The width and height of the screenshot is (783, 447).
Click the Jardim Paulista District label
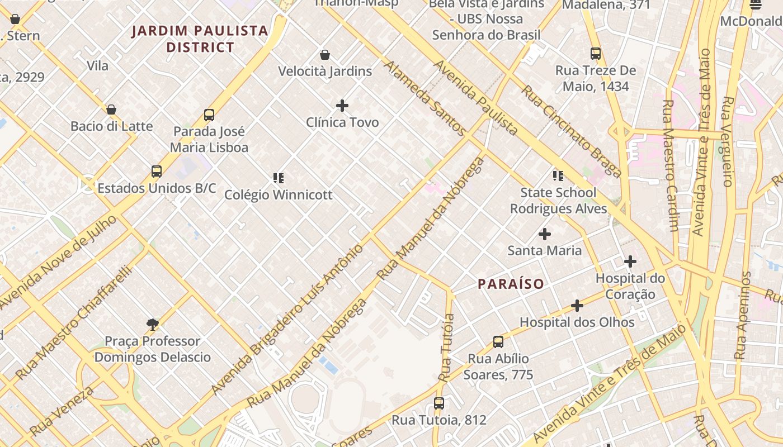(200, 39)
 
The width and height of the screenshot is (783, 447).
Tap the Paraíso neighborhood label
(511, 284)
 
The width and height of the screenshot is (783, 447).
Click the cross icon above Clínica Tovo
(342, 105)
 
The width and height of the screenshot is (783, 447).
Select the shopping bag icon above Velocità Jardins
(325, 55)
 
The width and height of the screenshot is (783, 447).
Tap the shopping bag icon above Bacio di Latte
(111, 110)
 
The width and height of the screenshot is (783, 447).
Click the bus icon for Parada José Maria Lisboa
(209, 115)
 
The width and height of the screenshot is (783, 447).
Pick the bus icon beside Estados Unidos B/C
(157, 172)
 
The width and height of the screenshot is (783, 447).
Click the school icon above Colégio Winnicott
(278, 178)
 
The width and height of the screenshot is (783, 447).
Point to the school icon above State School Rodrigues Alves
(558, 176)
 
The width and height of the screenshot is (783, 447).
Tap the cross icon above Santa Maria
(544, 234)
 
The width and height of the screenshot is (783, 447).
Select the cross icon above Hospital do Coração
(630, 261)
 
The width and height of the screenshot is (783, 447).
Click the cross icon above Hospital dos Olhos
(577, 306)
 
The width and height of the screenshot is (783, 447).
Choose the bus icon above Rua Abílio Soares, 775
(498, 342)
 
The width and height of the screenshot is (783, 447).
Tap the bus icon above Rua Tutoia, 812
(439, 403)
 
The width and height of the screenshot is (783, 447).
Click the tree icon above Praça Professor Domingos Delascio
(152, 325)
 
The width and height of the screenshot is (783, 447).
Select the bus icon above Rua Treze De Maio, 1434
(596, 54)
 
